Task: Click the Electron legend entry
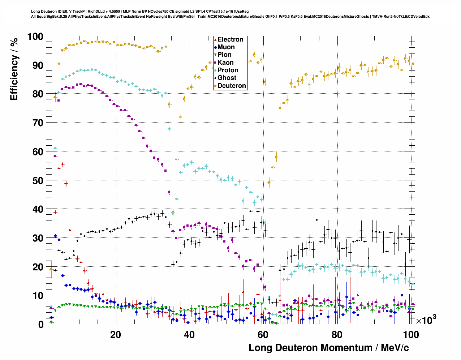[x=230, y=39]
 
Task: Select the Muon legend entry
[x=226, y=47]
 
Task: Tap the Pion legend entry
[x=224, y=55]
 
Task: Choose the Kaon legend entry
[x=225, y=63]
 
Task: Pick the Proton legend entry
[x=228, y=70]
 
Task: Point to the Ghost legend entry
[x=227, y=78]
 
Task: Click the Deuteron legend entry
[x=232, y=86]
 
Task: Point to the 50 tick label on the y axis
[x=38, y=180]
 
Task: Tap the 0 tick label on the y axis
[x=40, y=325]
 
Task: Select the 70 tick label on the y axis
[x=38, y=123]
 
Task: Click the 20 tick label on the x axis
[x=115, y=335]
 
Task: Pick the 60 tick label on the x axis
[x=263, y=335]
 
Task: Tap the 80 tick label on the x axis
[x=337, y=335]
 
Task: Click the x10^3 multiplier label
[x=426, y=320]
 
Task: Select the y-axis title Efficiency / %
[x=14, y=69]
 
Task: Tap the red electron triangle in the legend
[x=215, y=39]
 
